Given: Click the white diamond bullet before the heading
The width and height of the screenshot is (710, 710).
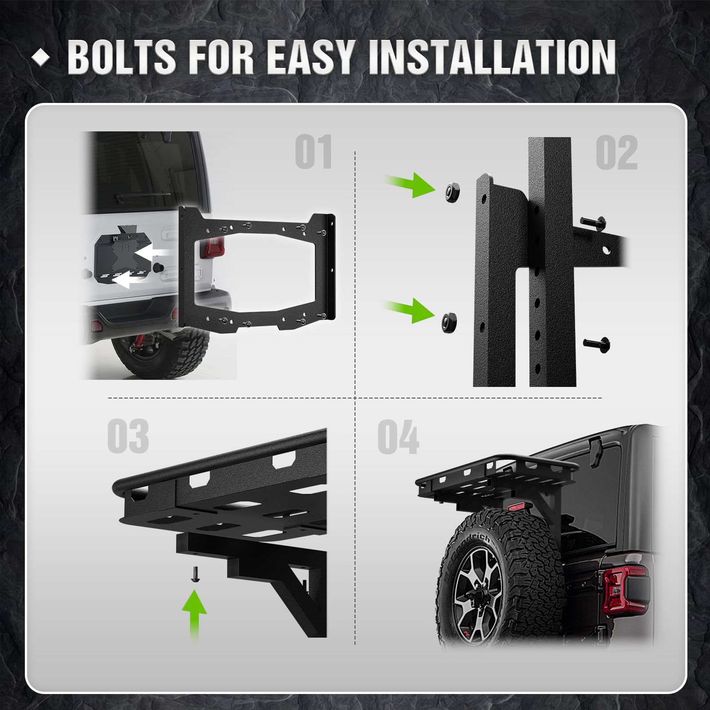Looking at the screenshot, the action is pyautogui.click(x=41, y=57).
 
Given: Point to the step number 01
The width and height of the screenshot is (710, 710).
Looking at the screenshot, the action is pyautogui.click(x=314, y=152).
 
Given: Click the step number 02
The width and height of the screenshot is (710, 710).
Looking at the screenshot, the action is pyautogui.click(x=616, y=153).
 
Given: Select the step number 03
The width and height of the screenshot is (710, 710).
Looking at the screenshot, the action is pyautogui.click(x=128, y=436).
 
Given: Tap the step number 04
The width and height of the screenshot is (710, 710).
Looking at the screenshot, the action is pyautogui.click(x=398, y=437).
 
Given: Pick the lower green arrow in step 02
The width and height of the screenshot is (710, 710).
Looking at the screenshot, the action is pyautogui.click(x=409, y=310).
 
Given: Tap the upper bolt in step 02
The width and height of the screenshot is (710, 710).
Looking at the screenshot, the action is pyautogui.click(x=593, y=223).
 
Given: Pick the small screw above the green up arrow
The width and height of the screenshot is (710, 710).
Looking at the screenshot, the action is pyautogui.click(x=194, y=573).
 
